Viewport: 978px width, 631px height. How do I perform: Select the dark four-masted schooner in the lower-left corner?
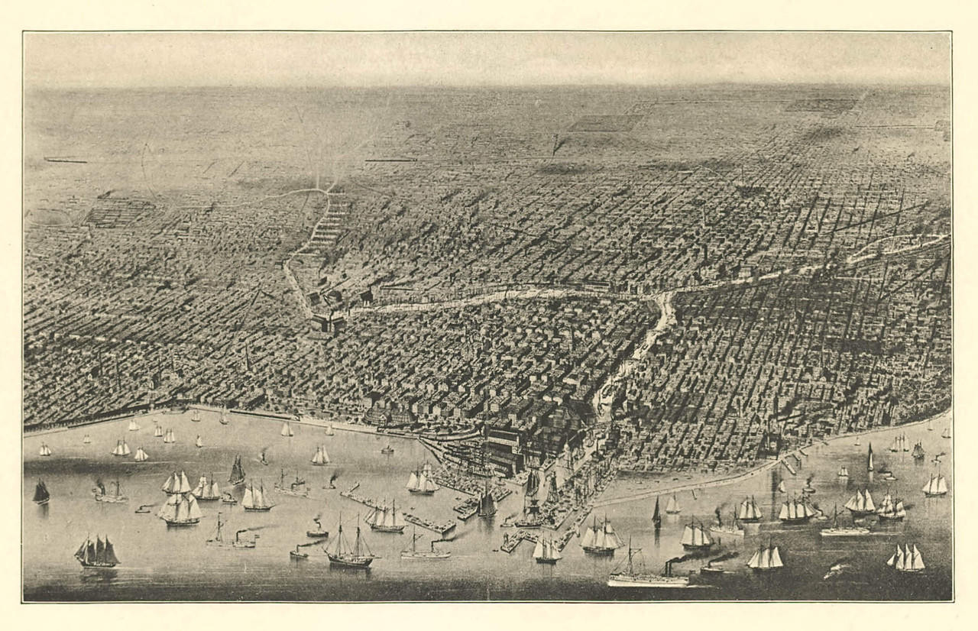(x=97, y=552)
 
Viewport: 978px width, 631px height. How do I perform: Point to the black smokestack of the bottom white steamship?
(x=668, y=568)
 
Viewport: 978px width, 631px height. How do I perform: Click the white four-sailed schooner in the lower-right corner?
(x=906, y=558)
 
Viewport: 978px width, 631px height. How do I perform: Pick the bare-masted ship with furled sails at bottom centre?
(x=351, y=548)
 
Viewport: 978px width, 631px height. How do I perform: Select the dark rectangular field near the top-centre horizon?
(x=604, y=122)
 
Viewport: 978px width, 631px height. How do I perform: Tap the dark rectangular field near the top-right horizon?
(x=821, y=105)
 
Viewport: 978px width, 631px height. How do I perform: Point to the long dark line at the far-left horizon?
(x=65, y=160)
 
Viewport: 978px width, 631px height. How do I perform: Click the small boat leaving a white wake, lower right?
(x=837, y=568)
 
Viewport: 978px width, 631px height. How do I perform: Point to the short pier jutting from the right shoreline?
(x=787, y=465)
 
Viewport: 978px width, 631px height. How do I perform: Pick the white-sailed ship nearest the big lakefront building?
(x=422, y=481)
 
